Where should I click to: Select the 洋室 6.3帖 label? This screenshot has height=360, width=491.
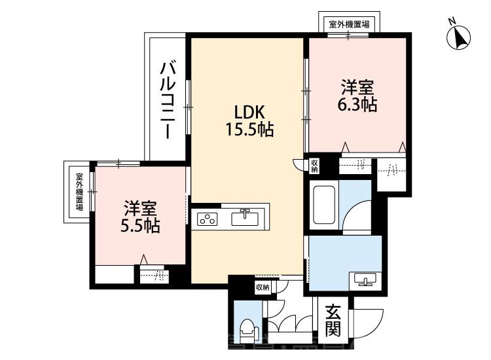pos(357,96)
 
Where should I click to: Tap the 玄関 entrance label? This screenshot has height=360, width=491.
pos(334,319)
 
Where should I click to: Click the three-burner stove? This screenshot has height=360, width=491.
pos(209,219)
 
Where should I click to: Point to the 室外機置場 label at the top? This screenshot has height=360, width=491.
pos(348,24)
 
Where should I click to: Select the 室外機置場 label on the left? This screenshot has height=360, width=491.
pos(79,192)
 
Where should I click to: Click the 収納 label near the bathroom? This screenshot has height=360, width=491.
pos(315,166)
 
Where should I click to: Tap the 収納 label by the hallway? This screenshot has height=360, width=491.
pos(262,287)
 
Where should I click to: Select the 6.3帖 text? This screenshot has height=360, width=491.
pos(358,105)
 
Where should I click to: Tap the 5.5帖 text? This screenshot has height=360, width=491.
pos(141,226)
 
